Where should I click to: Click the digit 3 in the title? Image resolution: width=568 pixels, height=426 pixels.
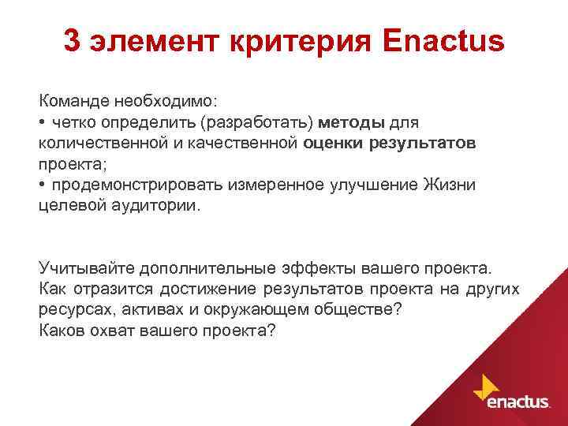[x=72, y=42]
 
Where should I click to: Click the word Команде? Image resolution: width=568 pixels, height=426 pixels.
[x=75, y=103]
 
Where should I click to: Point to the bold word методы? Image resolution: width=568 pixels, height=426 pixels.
[x=352, y=123]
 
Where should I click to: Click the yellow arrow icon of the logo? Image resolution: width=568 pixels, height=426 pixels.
[x=484, y=386]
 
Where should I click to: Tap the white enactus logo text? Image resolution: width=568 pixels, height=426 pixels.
[x=518, y=402]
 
